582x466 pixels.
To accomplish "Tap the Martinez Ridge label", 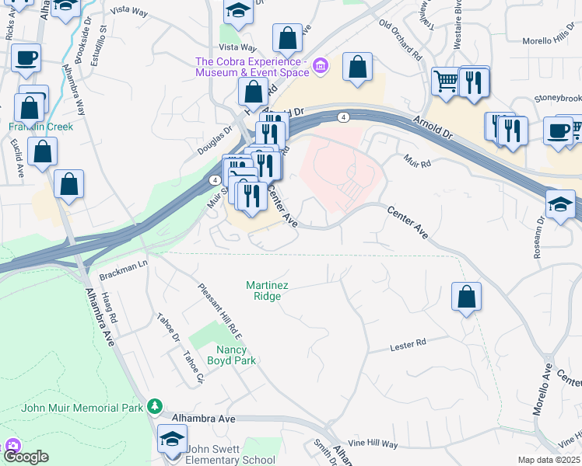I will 268,290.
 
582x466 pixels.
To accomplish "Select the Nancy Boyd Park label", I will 231,354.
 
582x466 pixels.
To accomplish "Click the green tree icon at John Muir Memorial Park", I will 155,406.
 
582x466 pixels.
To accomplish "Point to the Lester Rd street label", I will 408,343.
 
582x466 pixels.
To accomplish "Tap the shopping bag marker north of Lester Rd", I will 466,297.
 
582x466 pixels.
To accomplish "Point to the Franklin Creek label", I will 40,126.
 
